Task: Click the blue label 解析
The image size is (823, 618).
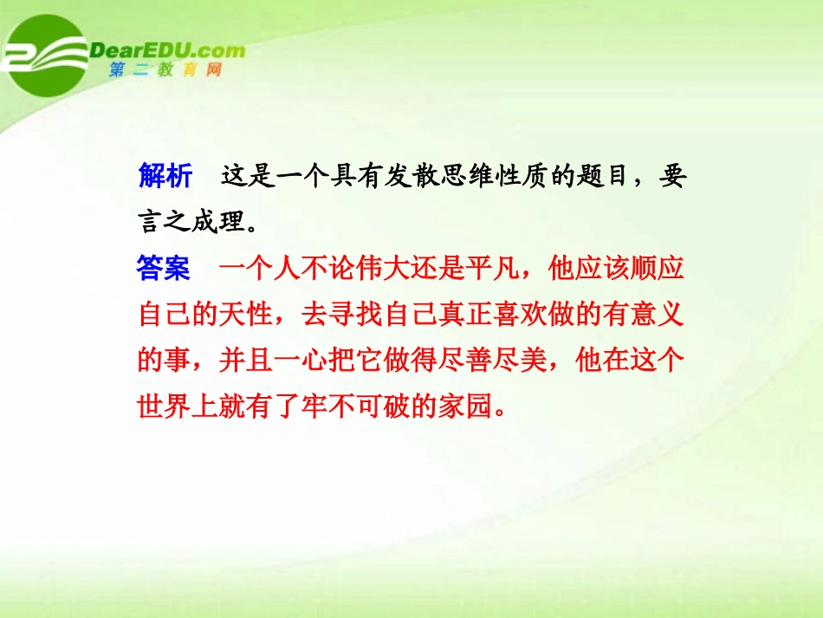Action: [165, 177]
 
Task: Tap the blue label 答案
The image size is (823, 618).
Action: [165, 269]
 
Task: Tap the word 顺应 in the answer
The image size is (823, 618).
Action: [658, 269]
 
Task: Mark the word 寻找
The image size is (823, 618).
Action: [358, 315]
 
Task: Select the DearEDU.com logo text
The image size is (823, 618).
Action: [168, 50]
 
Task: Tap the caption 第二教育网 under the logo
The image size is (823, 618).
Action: [165, 70]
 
